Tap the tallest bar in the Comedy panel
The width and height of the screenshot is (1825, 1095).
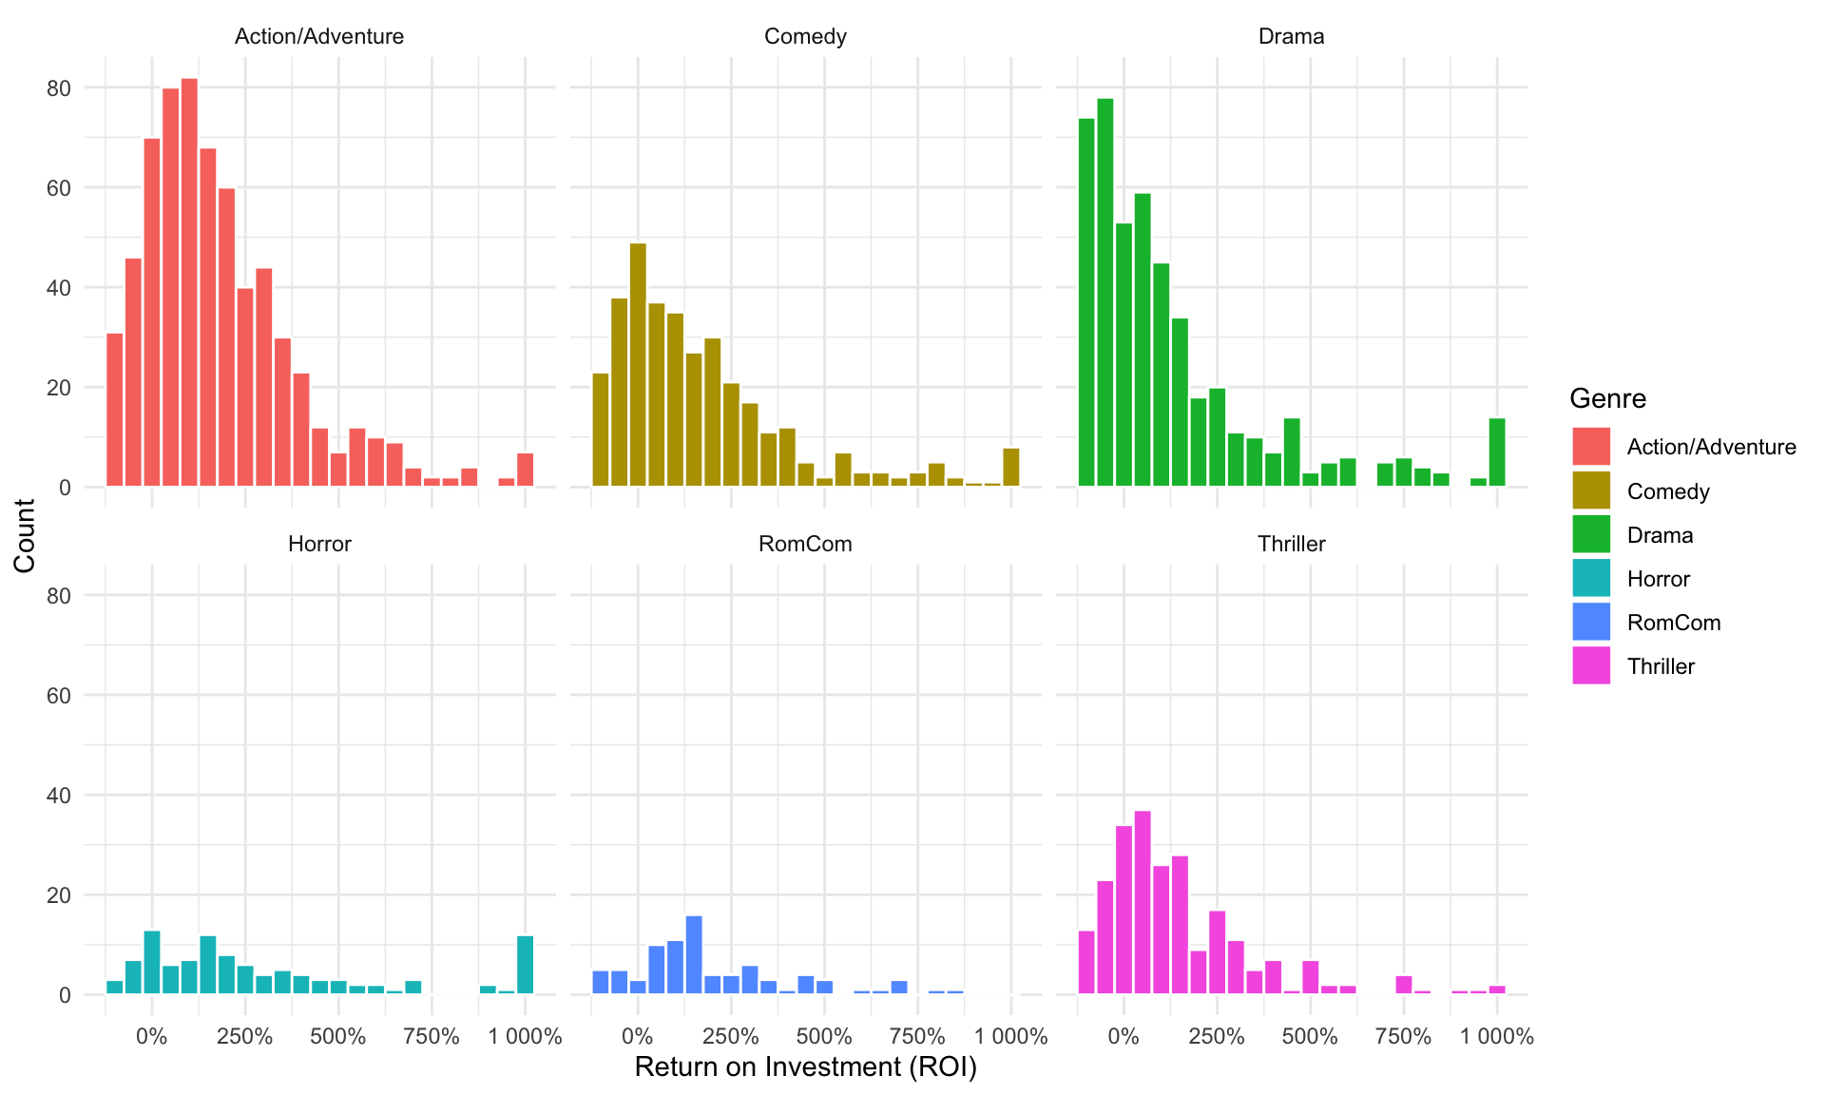[x=638, y=365]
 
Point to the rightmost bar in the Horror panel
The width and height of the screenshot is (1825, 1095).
[x=525, y=965]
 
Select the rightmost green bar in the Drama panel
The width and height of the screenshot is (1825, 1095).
[x=1496, y=452]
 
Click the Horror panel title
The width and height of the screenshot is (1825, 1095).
[x=319, y=544]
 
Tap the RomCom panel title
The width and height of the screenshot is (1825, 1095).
[x=805, y=544]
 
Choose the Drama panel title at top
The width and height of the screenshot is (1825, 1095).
[x=1291, y=36]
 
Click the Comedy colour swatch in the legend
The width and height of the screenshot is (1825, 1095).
[x=1590, y=490]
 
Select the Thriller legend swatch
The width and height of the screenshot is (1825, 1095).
[x=1590, y=665]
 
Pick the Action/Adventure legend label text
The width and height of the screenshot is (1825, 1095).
[x=1711, y=447]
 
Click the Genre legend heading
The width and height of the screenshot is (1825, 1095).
[x=1607, y=398]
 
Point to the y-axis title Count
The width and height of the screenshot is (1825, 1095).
[x=25, y=535]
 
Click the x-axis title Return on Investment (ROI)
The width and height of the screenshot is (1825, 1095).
[x=805, y=1067]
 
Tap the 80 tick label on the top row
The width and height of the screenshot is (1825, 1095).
[x=59, y=88]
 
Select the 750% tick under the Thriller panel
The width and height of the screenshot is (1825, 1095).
[x=1403, y=1036]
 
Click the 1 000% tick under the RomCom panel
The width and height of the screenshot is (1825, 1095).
[x=1010, y=1036]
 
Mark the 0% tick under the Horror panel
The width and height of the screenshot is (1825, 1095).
[x=152, y=1036]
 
